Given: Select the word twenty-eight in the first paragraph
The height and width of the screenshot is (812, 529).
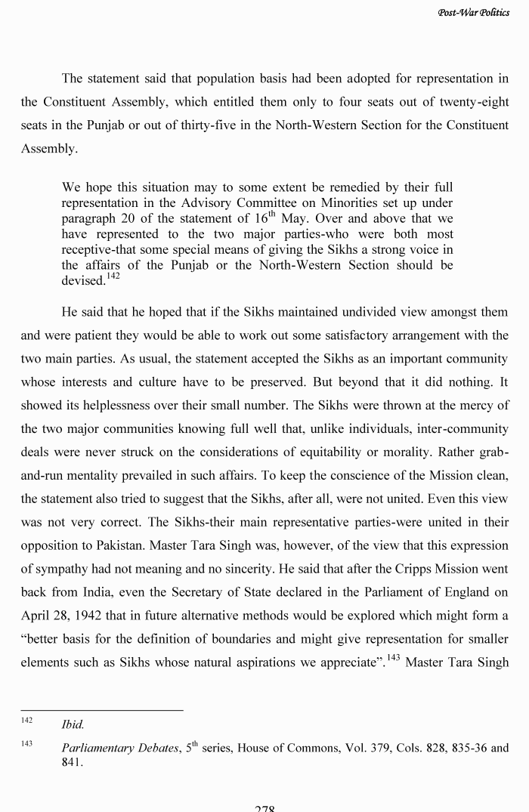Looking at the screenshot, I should (x=469, y=102).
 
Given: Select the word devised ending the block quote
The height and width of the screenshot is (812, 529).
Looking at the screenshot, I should (x=82, y=281).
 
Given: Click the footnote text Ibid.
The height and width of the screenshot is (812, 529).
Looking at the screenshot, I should (x=73, y=725).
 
